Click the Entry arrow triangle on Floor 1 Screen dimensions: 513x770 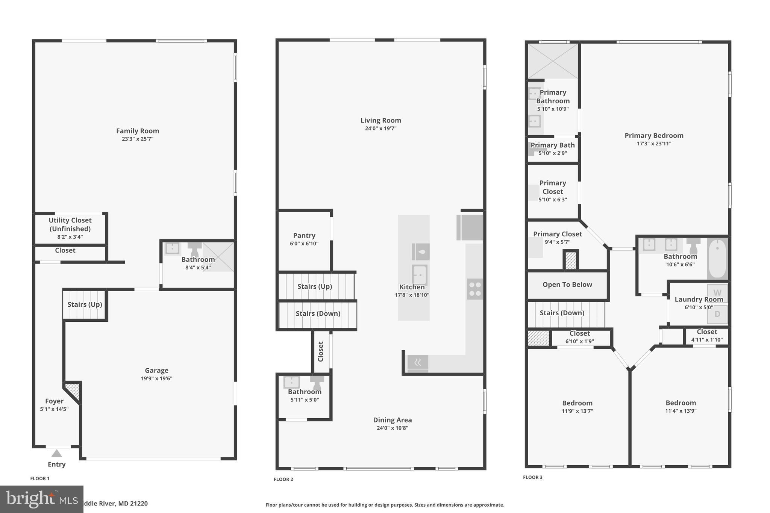56,453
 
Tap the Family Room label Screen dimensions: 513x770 137,131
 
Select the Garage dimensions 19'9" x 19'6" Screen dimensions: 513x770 156,378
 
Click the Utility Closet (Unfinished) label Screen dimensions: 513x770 70,224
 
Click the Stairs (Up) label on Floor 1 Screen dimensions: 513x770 85,304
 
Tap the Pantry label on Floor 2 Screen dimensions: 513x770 304,236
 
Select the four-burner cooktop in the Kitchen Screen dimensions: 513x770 475,289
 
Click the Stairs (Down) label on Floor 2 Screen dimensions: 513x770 318,313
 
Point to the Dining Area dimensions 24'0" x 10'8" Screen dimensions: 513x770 392,428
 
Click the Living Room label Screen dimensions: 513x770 380,120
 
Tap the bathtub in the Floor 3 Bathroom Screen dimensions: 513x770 717,259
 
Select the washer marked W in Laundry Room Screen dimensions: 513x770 717,293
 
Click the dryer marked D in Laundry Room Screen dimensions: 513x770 717,314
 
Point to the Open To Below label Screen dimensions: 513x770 567,284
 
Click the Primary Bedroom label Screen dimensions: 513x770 654,136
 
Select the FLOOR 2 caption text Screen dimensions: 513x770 283,479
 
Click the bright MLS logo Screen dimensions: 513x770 41,499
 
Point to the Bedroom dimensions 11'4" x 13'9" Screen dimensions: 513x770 681,411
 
